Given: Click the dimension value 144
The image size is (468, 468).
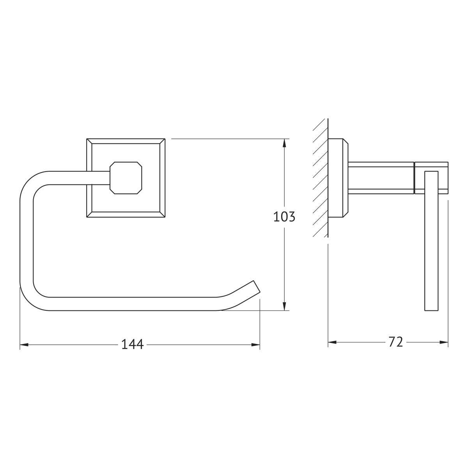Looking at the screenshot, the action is coord(132,344).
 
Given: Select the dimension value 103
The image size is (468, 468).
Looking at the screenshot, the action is coord(284,216).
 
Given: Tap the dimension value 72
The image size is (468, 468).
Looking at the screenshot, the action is coord(396,342).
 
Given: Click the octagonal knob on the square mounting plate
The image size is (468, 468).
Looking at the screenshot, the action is coord(126,178).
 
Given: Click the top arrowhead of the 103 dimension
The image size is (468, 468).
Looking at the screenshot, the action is coord(285,143).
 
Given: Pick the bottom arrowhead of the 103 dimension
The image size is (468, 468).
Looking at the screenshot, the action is coord(285,306).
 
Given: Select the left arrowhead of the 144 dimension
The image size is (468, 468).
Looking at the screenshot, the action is coord(24,344).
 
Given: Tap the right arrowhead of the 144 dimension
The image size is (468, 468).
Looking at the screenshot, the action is coord(255,344).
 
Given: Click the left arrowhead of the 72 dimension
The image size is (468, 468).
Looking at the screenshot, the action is coord(332,342).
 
